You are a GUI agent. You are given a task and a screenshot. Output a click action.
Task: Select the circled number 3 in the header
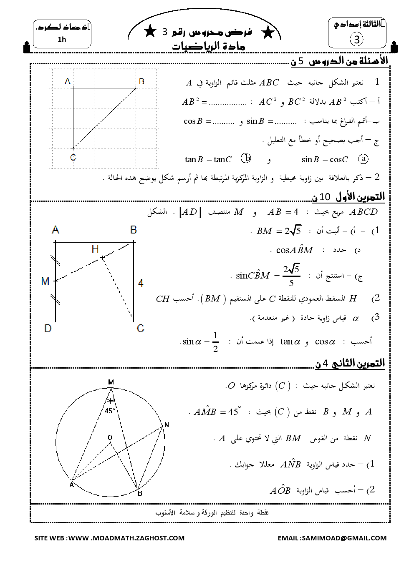pos(356,40)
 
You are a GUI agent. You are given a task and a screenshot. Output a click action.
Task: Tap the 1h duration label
pos(62,40)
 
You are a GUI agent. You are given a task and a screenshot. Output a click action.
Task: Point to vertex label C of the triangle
pos(73,157)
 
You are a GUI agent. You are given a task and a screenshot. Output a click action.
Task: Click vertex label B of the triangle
pos(141,81)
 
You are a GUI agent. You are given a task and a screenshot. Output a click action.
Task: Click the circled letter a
pos(364,159)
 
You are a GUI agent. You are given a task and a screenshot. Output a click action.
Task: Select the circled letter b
pos(247,158)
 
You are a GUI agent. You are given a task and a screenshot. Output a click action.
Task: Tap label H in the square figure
pos(95,249)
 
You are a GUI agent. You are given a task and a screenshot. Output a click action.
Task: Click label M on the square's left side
pos(45,281)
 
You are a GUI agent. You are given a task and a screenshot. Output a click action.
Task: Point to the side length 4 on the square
pos(141,283)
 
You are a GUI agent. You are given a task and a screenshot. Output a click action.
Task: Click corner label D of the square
pos(48,328)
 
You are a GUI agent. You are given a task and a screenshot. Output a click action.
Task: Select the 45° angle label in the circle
pos(110,411)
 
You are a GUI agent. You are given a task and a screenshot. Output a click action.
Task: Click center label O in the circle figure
pos(110,437)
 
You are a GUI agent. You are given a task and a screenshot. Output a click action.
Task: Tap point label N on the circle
pos(167,424)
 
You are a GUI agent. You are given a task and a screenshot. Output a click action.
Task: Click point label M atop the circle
pos(111,382)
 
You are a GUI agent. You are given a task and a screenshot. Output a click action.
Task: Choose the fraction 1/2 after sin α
pos(215,342)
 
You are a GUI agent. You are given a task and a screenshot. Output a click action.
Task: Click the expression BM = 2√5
pos(278,231)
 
